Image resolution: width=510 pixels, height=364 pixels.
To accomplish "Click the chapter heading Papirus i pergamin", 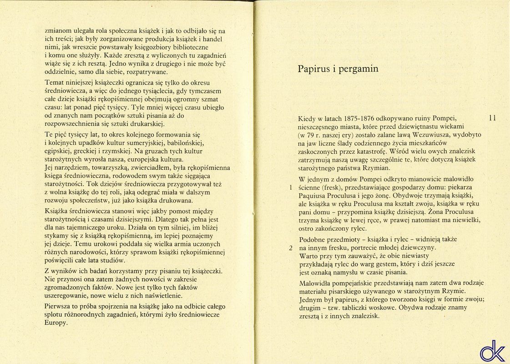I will point(338,69).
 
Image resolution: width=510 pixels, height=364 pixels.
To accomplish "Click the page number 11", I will point(492,118).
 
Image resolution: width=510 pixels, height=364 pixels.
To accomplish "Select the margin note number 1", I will point(290,187).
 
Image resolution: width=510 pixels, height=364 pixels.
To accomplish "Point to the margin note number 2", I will point(290,248).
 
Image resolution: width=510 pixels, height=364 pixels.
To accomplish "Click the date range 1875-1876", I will point(365,118).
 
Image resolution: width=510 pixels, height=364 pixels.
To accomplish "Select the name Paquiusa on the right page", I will point(313,196).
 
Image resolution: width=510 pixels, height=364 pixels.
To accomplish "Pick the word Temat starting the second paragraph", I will point(55,82).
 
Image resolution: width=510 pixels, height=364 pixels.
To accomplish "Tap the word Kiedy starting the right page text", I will point(307,118).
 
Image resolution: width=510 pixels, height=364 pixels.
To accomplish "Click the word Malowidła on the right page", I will point(316,283).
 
